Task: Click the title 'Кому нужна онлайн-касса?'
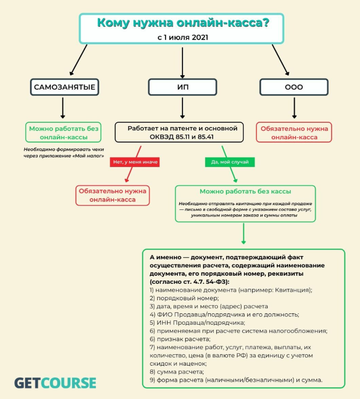[x=183, y=23]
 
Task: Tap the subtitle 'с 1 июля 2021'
[x=183, y=38]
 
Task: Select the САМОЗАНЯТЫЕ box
[x=64, y=87]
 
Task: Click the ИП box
[x=183, y=87]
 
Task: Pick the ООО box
[x=294, y=87]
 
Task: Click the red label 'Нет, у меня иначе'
[x=135, y=162]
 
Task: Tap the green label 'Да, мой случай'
[x=230, y=162]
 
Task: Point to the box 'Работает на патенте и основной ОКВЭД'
[x=179, y=132]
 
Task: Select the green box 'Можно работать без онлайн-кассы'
[x=64, y=132]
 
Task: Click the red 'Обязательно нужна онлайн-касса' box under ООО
[x=294, y=132]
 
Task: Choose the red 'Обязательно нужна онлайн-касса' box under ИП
[x=112, y=195]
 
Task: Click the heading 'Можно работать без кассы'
[x=245, y=192]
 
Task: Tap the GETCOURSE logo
[x=55, y=383]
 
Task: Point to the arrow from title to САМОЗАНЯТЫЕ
[x=79, y=60]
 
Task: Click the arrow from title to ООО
[x=280, y=60]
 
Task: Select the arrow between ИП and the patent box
[x=183, y=108]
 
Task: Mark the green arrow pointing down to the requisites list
[x=243, y=234]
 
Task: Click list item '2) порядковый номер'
[x=184, y=298]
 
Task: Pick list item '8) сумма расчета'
[x=177, y=372]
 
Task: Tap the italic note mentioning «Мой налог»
[x=64, y=152]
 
